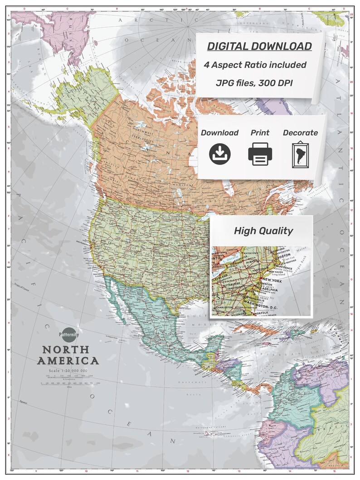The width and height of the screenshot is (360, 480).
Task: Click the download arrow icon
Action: (220, 154)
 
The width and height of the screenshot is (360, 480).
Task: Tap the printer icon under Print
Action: (260, 154)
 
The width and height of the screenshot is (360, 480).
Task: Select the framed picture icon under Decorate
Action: (300, 155)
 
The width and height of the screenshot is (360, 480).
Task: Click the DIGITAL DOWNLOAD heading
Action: (259, 46)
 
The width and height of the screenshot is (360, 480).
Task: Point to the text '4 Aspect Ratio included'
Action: (255, 65)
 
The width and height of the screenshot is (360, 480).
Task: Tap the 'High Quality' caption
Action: (263, 231)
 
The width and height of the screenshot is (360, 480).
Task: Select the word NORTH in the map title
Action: (69, 350)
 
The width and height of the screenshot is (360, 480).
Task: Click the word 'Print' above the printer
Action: (260, 133)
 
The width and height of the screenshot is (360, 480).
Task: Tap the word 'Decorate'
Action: (300, 133)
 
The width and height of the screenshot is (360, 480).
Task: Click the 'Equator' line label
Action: (26, 402)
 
